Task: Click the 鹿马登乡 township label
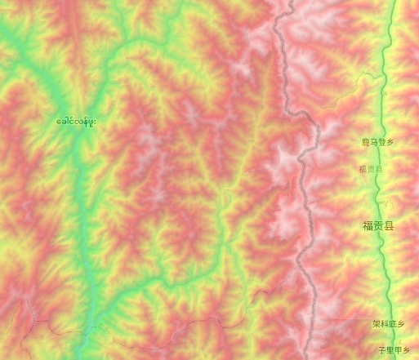[377, 141]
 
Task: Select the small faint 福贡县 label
[370, 169]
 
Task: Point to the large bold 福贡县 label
[377, 225]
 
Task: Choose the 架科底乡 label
[388, 324]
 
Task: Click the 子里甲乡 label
[396, 349]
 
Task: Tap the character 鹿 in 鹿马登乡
[366, 141]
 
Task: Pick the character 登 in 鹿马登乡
[381, 141]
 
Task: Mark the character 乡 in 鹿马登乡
[390, 141]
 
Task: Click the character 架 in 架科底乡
[376, 324]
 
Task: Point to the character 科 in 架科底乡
[384, 324]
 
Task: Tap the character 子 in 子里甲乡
[381, 349]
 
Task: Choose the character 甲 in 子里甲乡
[399, 349]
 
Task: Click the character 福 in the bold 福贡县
[368, 225]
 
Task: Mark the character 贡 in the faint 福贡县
[370, 169]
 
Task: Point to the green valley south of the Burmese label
[82, 212]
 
